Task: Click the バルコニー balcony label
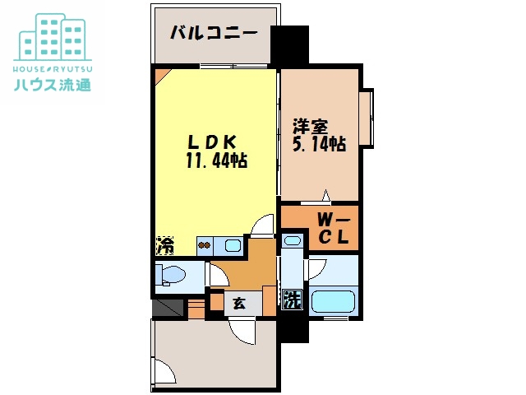pyautogui.click(x=214, y=33)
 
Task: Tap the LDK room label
pyautogui.click(x=213, y=142)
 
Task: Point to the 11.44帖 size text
pyautogui.click(x=217, y=160)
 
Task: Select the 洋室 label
pyautogui.click(x=311, y=127)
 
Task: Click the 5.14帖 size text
pyautogui.click(x=320, y=144)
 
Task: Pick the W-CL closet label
pyautogui.click(x=334, y=229)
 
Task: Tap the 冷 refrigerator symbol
pyautogui.click(x=165, y=245)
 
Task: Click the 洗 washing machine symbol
pyautogui.click(x=293, y=300)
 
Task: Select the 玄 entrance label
pyautogui.click(x=239, y=304)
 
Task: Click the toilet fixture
pyautogui.click(x=171, y=275)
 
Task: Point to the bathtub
pyautogui.click(x=333, y=301)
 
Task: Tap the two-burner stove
pyautogui.click(x=205, y=245)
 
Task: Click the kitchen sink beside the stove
pyautogui.click(x=233, y=245)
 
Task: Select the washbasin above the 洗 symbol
pyautogui.click(x=293, y=240)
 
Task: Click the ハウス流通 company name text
pyautogui.click(x=53, y=85)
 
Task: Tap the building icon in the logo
pyautogui.click(x=53, y=37)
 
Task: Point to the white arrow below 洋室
pyautogui.click(x=325, y=197)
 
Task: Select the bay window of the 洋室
pyautogui.click(x=366, y=118)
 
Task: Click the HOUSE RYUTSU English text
pyautogui.click(x=53, y=69)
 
